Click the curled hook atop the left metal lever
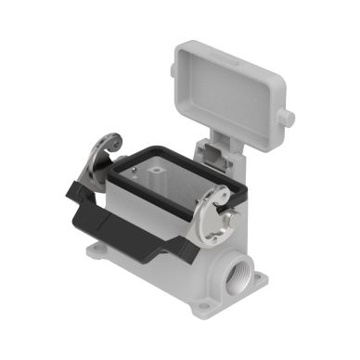[110, 142]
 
